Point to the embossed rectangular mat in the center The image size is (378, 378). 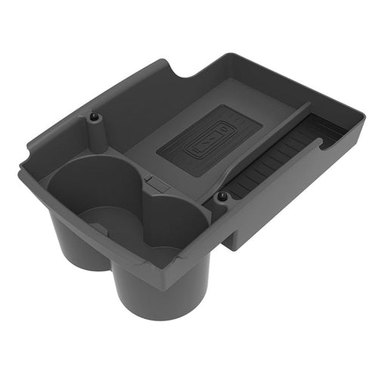208,140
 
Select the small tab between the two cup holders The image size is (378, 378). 152,182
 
